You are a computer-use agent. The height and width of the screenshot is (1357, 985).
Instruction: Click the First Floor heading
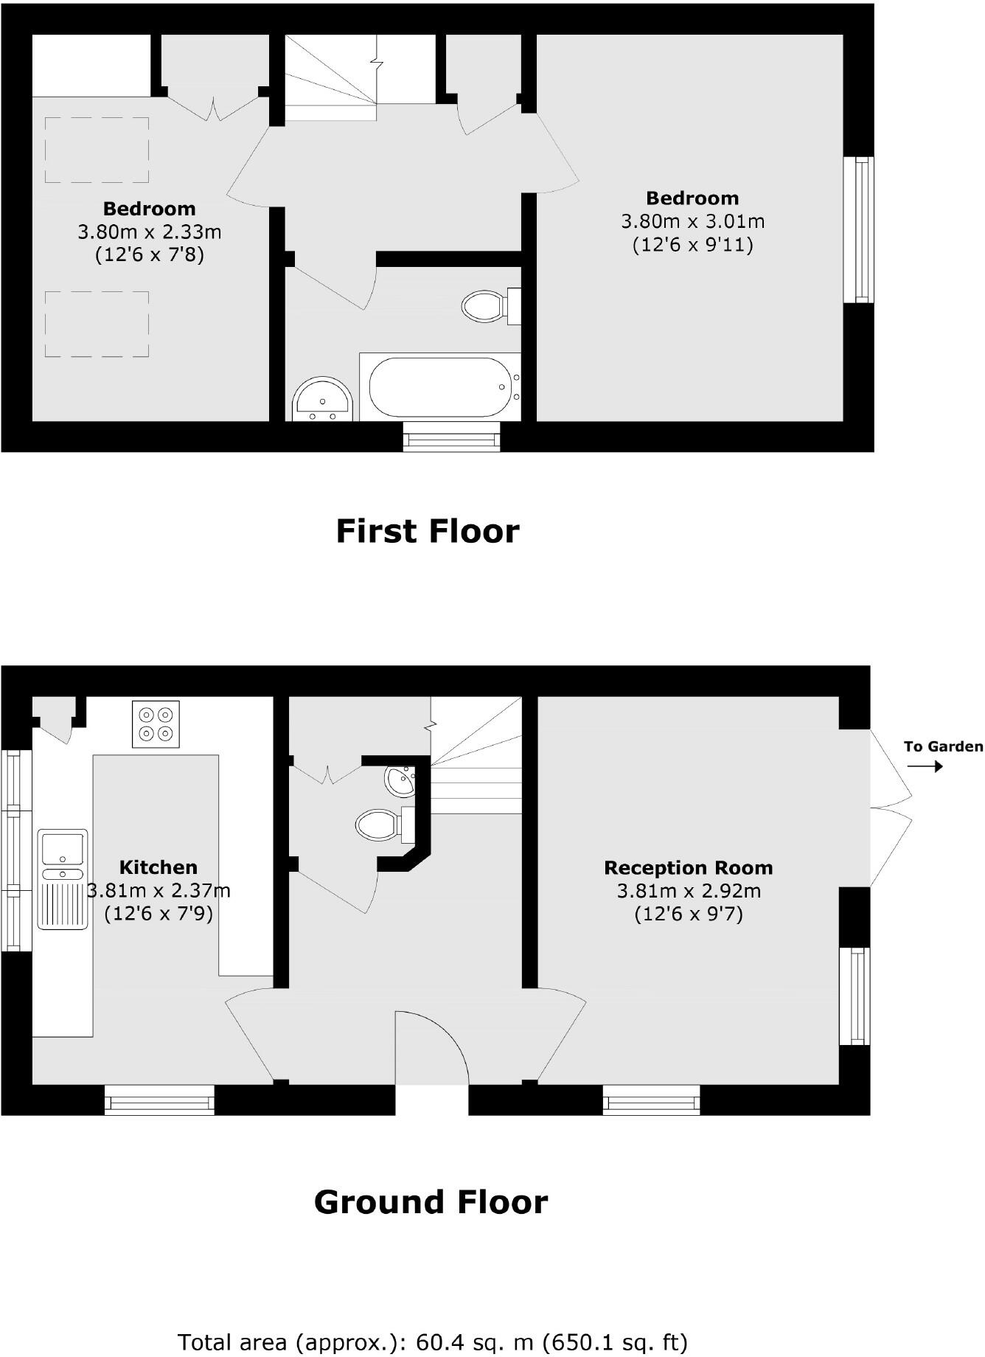click(x=428, y=532)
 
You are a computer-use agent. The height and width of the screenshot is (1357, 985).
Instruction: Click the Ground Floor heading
click(x=431, y=1202)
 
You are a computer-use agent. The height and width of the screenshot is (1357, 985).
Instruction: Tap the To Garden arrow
click(x=925, y=766)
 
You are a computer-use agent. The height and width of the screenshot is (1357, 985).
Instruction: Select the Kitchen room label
click(x=158, y=867)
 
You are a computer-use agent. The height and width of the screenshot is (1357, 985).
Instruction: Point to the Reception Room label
click(x=688, y=868)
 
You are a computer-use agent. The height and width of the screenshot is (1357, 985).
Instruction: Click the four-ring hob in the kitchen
click(x=156, y=723)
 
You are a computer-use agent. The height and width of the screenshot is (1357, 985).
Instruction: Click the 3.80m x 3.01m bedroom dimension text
click(x=692, y=221)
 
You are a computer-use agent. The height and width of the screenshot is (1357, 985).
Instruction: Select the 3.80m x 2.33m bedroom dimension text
click(x=150, y=232)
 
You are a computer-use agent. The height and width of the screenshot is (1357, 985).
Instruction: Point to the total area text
click(x=432, y=1342)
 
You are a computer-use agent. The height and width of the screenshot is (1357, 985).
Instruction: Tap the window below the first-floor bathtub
click(x=451, y=437)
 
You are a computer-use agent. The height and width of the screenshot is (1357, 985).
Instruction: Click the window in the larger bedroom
click(x=858, y=229)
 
